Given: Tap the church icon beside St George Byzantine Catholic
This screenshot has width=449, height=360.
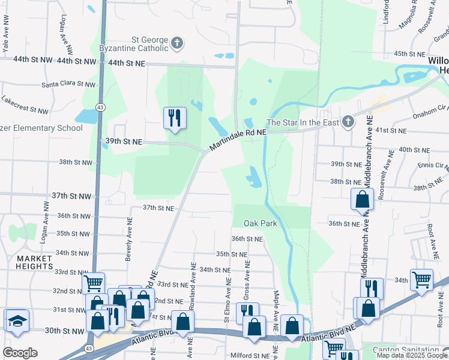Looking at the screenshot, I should pos(176,43).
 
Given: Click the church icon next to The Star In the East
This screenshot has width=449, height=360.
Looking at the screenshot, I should pos(347,122).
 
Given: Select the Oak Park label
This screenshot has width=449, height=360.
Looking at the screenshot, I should pos(260,223).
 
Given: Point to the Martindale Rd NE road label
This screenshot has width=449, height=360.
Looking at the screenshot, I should pos(238,139).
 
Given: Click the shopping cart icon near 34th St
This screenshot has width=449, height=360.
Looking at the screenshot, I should pos(421,278).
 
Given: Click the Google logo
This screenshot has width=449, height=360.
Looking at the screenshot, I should pos(20,353).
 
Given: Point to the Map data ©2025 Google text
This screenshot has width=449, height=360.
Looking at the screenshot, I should pos(412,355).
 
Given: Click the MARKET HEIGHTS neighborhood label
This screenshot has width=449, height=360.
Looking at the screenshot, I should pos(26,262).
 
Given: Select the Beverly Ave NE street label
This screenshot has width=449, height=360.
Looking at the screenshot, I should pos(128,239).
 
